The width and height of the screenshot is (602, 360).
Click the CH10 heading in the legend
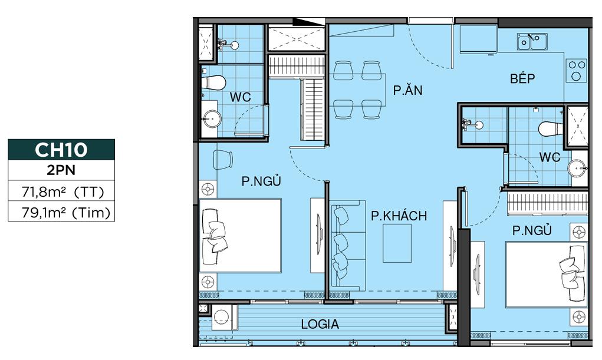click(61, 149)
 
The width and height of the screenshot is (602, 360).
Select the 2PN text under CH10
click(61, 170)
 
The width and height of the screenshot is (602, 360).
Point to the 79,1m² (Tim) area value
click(66, 212)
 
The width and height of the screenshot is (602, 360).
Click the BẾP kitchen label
click(522, 78)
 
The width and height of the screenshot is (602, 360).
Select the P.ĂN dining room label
click(408, 90)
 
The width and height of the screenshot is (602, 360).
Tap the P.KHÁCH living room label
click(399, 216)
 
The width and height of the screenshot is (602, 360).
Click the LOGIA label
click(320, 324)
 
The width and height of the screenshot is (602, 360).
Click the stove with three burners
click(576, 70)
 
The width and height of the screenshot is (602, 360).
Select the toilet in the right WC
click(551, 129)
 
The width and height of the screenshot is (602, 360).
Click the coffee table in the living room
click(397, 244)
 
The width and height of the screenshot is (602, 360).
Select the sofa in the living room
click(348, 243)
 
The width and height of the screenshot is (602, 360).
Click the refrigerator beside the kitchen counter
click(478, 39)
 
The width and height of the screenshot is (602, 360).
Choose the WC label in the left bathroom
click(241, 97)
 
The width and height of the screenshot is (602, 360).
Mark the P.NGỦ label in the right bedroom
click(532, 230)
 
